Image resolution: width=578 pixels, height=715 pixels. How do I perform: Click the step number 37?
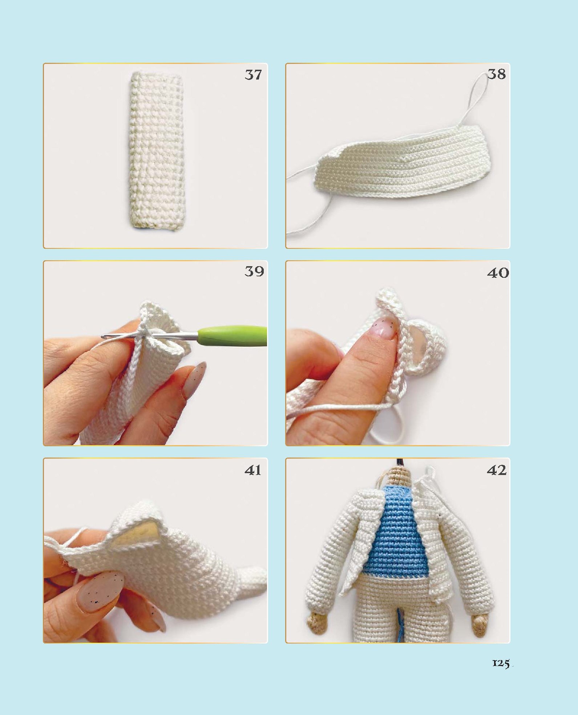(x=253, y=75)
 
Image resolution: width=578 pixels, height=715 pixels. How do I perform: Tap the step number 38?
(x=496, y=74)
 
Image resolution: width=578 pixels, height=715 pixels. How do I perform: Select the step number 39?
(x=254, y=271)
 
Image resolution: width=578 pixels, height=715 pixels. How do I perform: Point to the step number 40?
(x=498, y=273)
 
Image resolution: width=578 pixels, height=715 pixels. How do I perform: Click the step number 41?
(x=253, y=470)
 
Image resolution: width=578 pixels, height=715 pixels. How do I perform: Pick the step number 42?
(x=497, y=470)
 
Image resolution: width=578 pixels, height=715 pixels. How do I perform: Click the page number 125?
(x=501, y=663)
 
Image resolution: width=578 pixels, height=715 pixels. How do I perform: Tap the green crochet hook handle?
(x=233, y=336)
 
